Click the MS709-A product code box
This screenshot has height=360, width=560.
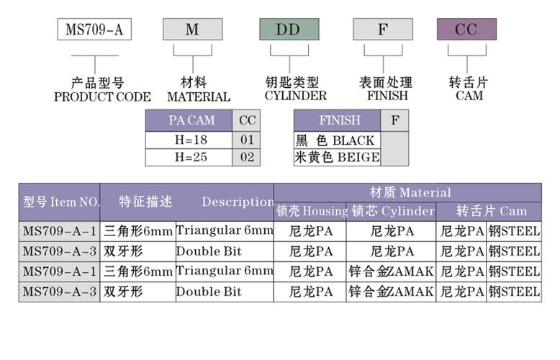(x=89, y=30)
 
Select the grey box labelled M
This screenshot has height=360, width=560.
(x=191, y=30)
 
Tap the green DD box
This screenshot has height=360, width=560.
(x=289, y=30)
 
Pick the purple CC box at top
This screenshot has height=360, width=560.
(x=466, y=30)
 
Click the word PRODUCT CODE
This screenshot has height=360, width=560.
(x=102, y=96)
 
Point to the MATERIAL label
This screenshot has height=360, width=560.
(x=199, y=96)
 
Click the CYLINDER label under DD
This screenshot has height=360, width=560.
(x=295, y=96)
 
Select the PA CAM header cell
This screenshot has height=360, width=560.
(x=189, y=120)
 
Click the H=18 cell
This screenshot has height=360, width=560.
(x=189, y=139)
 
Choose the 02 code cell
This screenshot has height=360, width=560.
(x=247, y=157)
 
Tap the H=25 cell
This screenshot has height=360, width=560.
(x=189, y=157)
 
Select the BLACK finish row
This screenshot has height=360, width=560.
(x=336, y=140)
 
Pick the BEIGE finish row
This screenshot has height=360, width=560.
(x=336, y=157)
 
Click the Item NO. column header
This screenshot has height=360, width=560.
(x=60, y=202)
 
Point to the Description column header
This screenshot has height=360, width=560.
(x=238, y=202)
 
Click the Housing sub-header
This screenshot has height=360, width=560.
(x=311, y=211)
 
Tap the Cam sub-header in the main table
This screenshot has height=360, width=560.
(x=492, y=211)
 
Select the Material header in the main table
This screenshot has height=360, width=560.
(x=410, y=192)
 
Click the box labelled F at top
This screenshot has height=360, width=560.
(x=382, y=30)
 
